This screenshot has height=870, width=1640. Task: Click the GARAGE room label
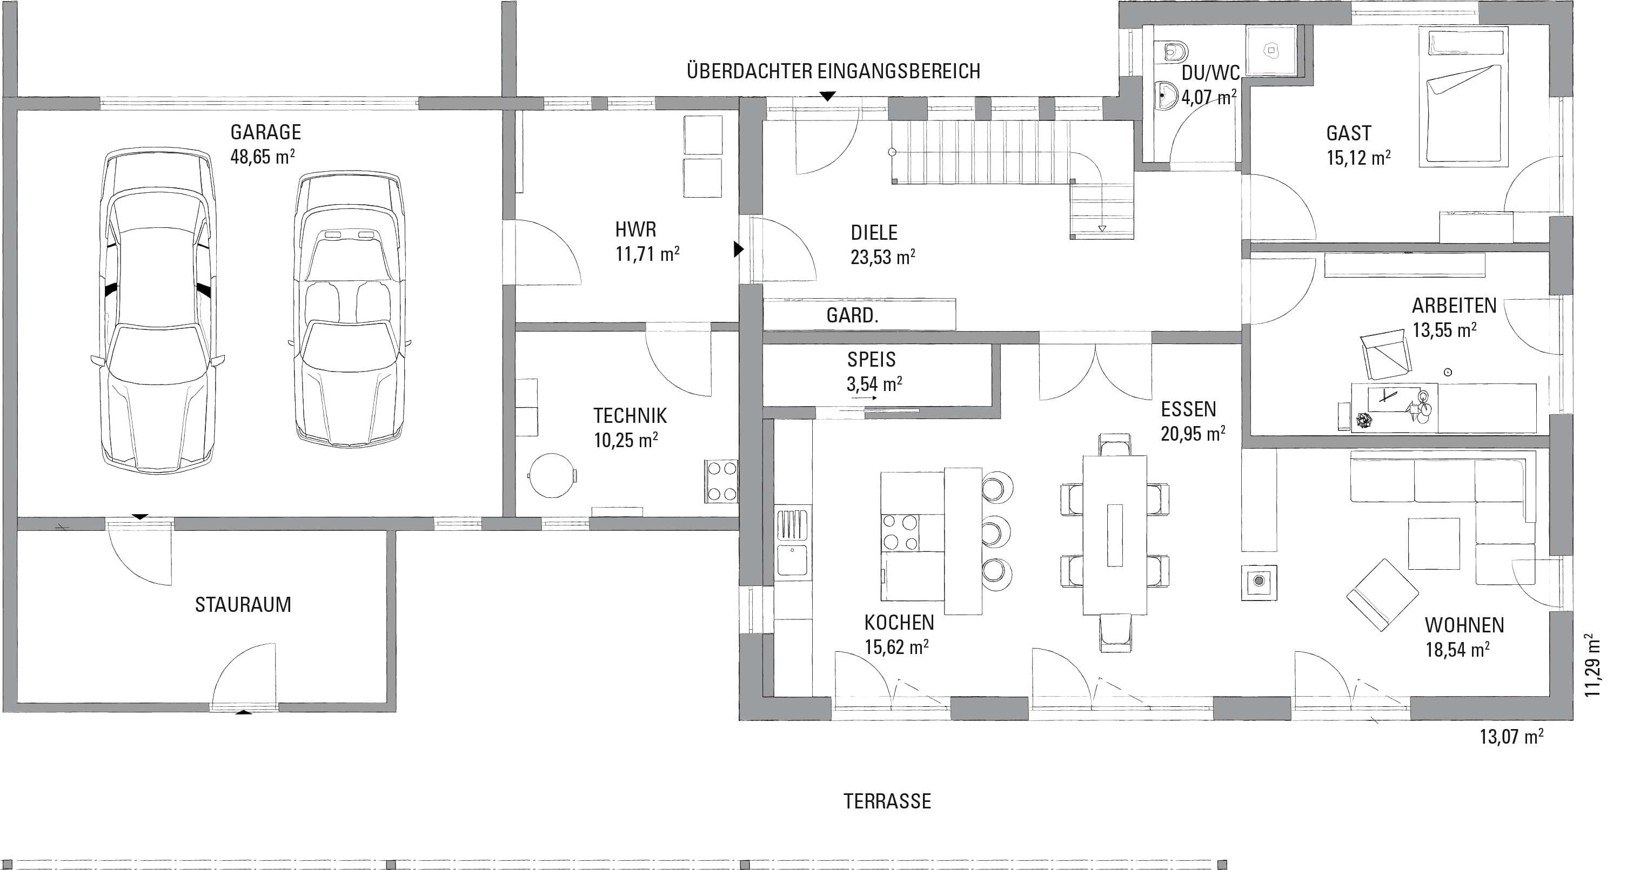pos(265,132)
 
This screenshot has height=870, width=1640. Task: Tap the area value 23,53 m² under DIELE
pos(883,257)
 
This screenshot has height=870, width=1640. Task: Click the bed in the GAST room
pos(1463,97)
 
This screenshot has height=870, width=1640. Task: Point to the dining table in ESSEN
pos(1115,535)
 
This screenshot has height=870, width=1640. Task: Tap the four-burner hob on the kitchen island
pos(900,532)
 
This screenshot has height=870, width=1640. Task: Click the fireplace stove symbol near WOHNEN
pos(1259,581)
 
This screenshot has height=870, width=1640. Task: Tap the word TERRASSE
pos(887,801)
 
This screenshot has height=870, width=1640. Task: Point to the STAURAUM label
pos(243,605)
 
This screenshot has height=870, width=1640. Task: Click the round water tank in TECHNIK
pos(552,475)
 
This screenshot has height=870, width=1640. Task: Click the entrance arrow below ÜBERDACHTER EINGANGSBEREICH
pos(827,97)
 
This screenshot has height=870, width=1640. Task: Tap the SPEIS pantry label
pos(871,360)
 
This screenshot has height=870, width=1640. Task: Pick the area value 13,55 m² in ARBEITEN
pos(1444,329)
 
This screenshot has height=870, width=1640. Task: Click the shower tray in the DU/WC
pos(1268,50)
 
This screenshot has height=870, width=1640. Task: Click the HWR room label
pos(635,230)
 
